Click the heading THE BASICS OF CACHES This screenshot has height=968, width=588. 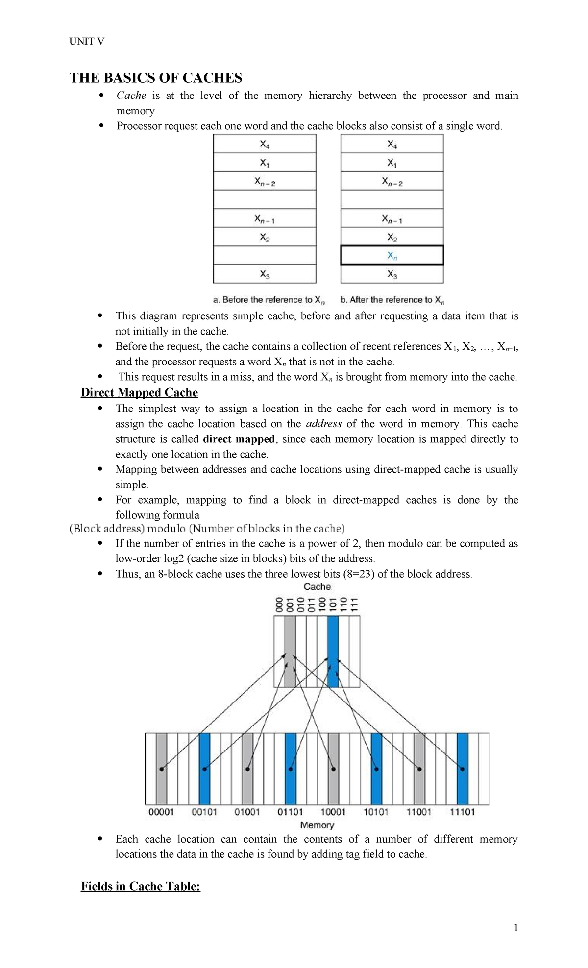point(156,78)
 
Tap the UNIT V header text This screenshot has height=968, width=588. point(87,41)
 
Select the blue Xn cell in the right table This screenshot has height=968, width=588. point(392,255)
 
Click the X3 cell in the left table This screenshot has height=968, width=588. point(265,274)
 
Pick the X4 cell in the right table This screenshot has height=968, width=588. point(392,144)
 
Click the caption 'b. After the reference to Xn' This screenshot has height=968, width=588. point(392,300)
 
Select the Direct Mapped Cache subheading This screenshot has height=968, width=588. point(139,393)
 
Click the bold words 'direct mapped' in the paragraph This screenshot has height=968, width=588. point(239,439)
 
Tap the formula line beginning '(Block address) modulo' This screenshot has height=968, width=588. point(207,529)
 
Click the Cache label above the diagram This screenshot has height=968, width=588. point(317,587)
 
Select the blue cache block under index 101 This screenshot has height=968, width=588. point(333,652)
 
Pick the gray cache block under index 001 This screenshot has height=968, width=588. point(290,652)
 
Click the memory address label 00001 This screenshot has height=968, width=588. point(161,812)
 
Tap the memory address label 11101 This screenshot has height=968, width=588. point(462,812)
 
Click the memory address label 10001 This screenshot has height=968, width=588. point(333,812)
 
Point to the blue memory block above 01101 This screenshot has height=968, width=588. point(291,769)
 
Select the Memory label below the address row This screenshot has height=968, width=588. point(317,825)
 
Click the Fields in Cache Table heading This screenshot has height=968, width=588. point(141,886)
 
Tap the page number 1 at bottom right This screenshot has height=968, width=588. point(516,928)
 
